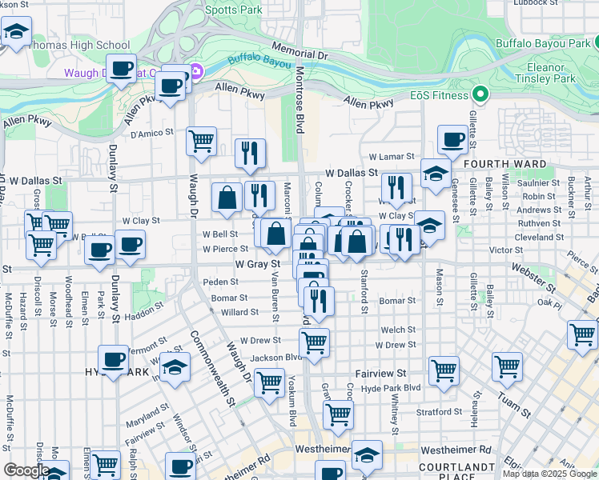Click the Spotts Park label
(233, 10)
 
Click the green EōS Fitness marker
(480, 95)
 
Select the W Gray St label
(258, 263)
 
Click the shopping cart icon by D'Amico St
(201, 142)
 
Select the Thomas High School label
(77, 45)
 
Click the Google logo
(26, 470)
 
